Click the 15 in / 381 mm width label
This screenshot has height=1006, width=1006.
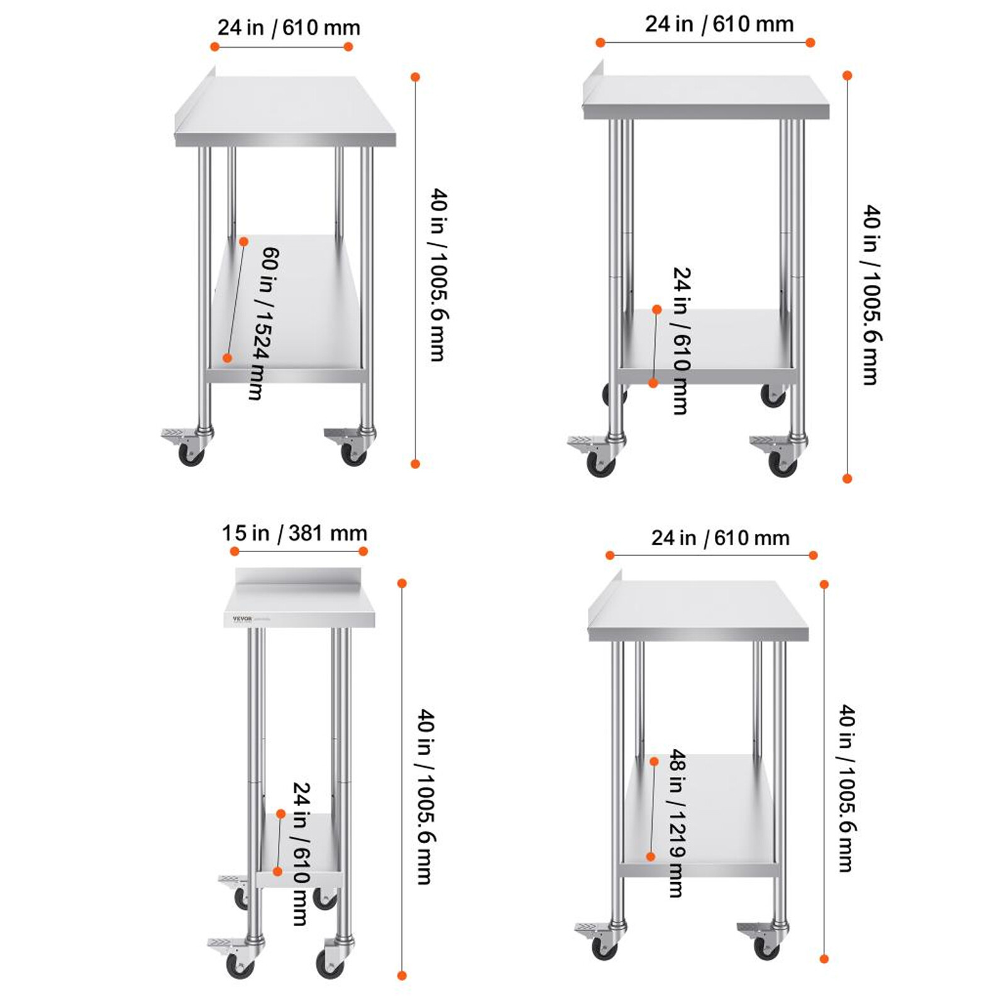(x=294, y=533)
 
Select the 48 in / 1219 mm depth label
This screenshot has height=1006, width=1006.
(x=677, y=822)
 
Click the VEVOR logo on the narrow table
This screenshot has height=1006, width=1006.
(x=242, y=619)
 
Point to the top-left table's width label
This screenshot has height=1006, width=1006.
(x=289, y=28)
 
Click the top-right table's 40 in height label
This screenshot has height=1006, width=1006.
(x=871, y=294)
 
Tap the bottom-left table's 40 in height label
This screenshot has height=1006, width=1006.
(x=426, y=797)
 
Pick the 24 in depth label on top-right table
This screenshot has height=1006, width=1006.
(x=681, y=340)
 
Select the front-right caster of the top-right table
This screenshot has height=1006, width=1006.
(x=782, y=462)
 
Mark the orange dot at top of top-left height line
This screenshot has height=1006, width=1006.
(x=415, y=77)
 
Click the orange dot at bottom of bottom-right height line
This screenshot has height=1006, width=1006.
(x=824, y=959)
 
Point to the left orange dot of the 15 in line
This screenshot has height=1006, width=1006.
(x=235, y=551)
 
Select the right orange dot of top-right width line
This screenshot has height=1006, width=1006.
(x=810, y=43)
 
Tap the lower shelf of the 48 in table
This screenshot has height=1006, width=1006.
(x=698, y=811)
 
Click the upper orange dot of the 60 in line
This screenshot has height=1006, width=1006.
(x=244, y=241)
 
